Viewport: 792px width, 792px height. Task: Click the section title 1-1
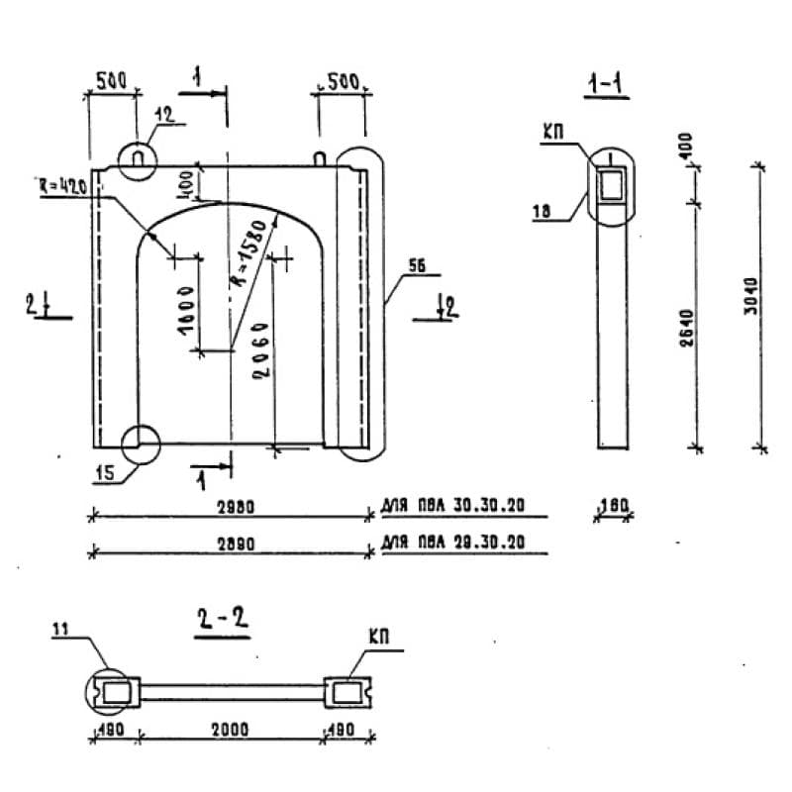pyautogui.click(x=605, y=87)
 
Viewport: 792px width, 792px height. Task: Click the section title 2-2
pyautogui.click(x=220, y=622)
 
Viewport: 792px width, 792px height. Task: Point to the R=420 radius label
pyautogui.click(x=65, y=186)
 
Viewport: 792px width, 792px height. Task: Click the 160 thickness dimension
pyautogui.click(x=614, y=506)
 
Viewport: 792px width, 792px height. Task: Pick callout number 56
pyautogui.click(x=415, y=265)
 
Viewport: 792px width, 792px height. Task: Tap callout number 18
pyautogui.click(x=544, y=211)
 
